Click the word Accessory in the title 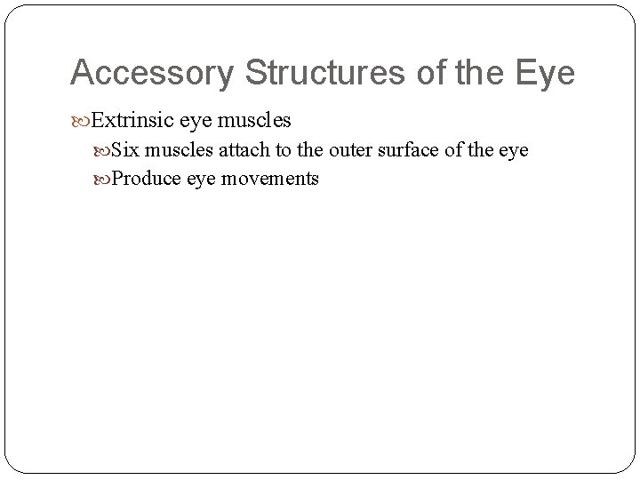point(151,74)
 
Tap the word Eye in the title point(548,74)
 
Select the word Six point(125,150)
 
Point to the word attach point(235,150)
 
